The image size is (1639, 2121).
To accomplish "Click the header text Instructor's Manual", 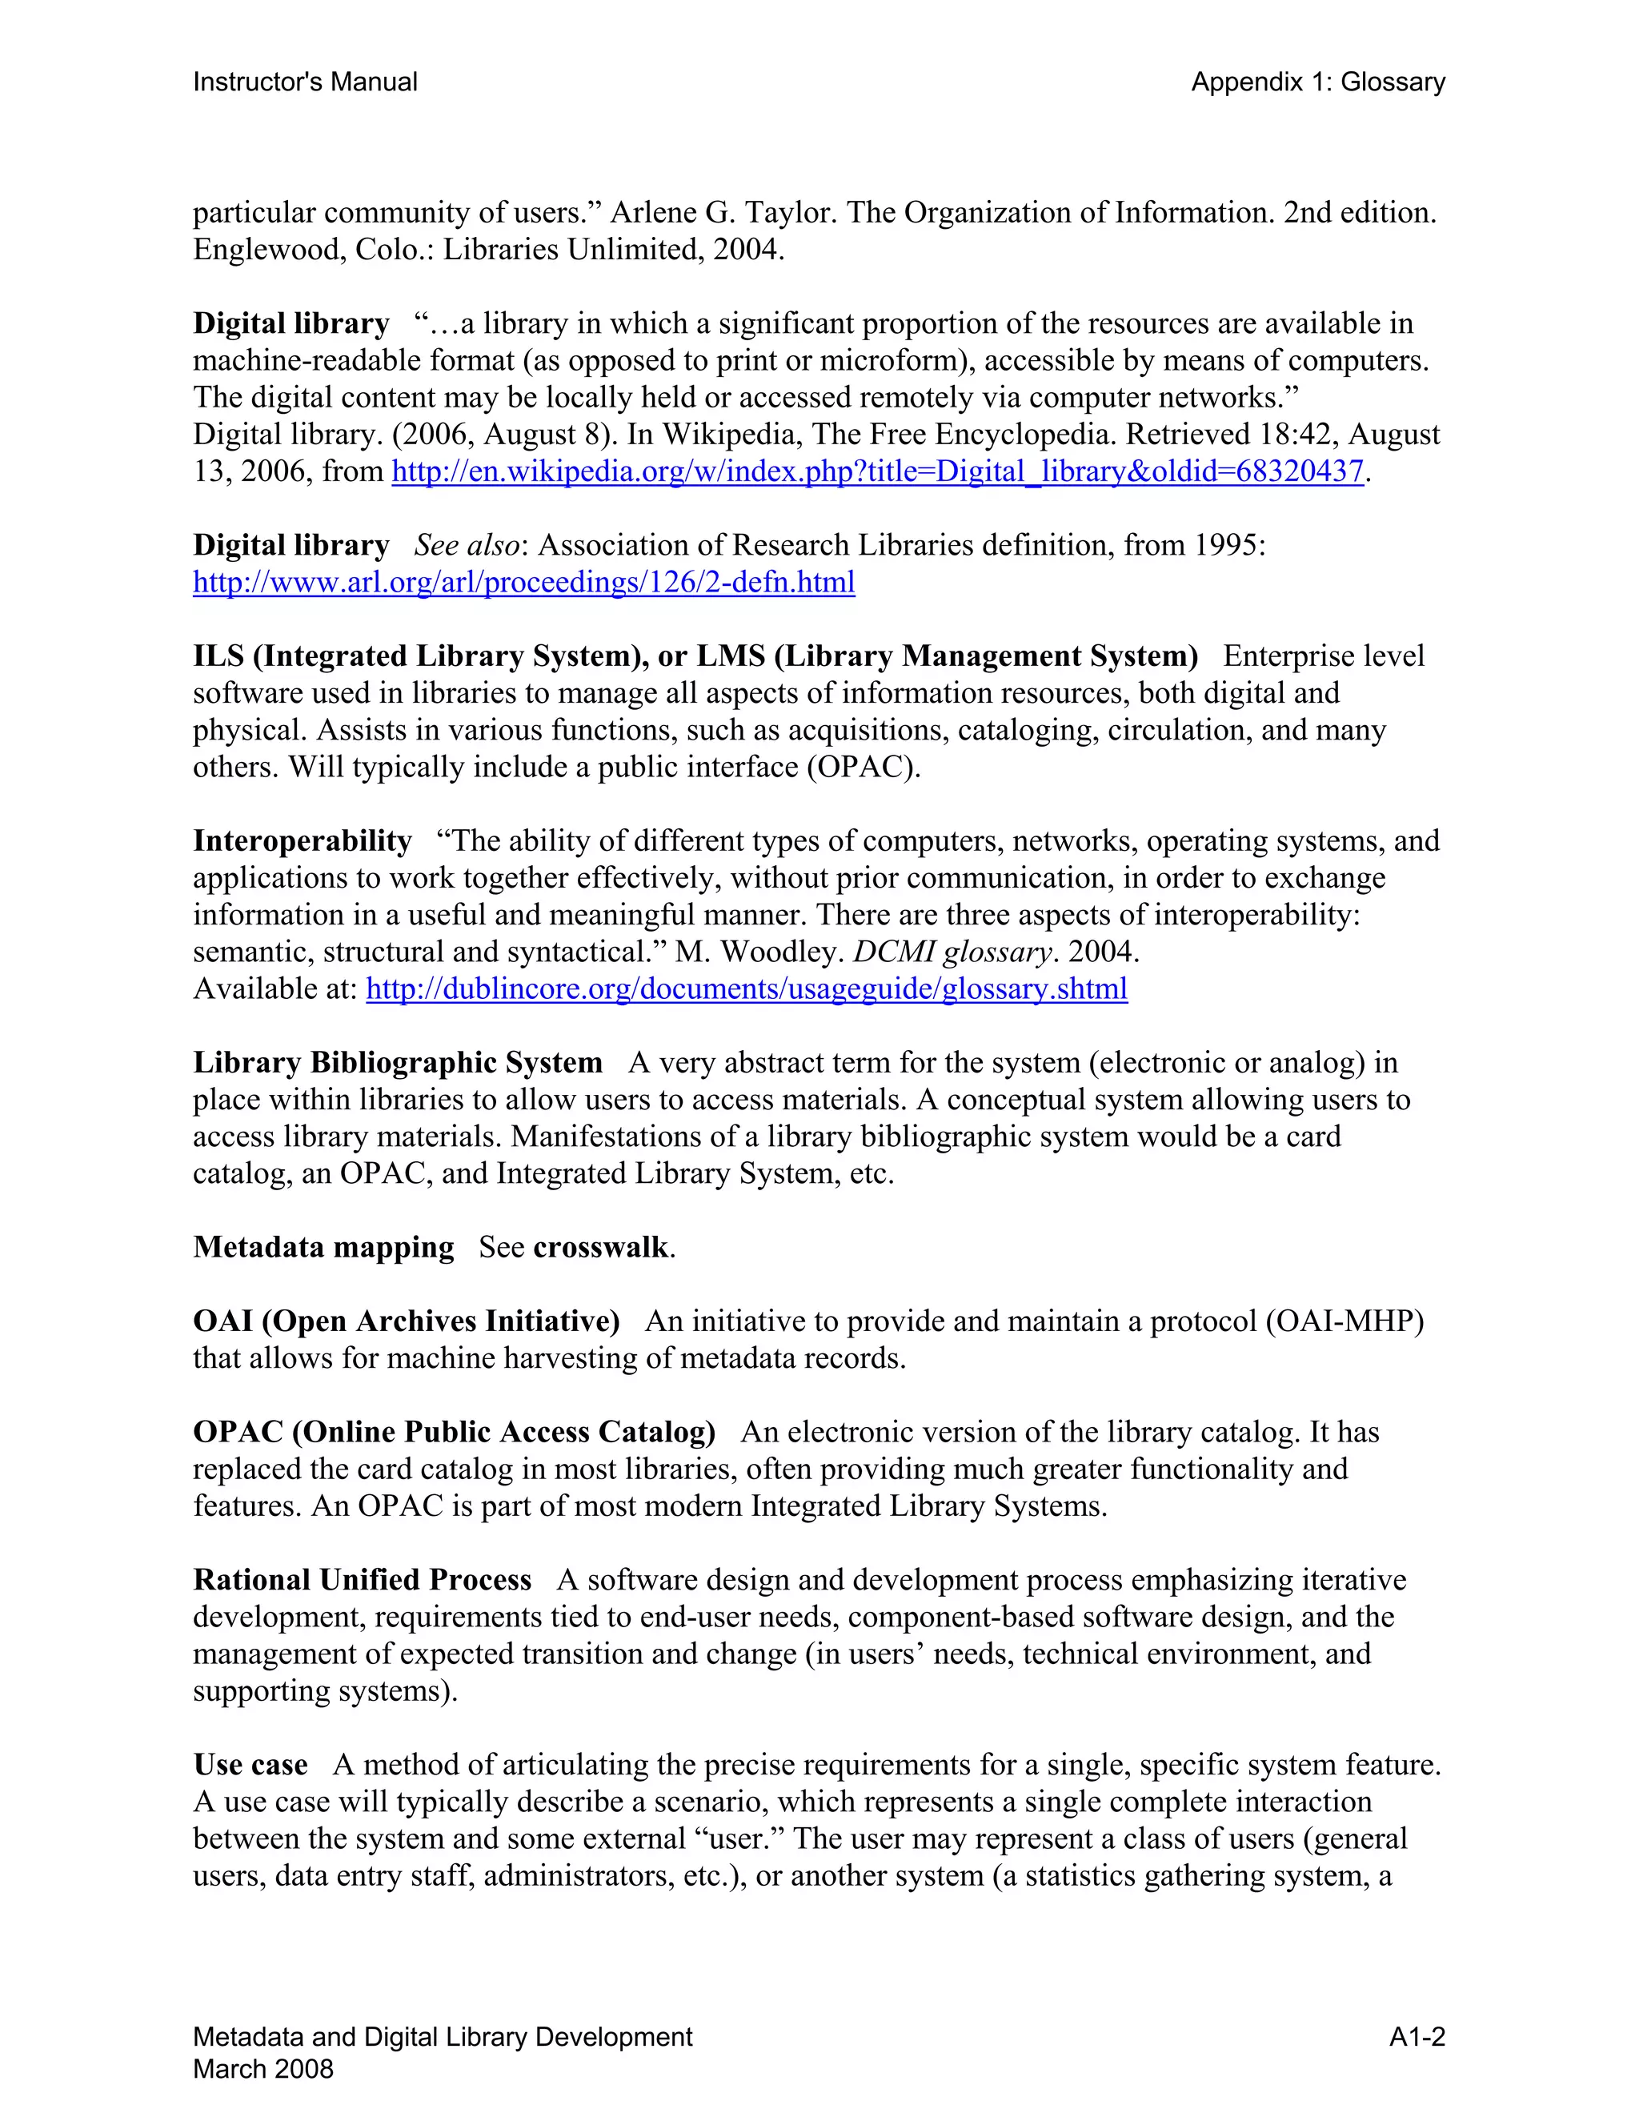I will coord(305,82).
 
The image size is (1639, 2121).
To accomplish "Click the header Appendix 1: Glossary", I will coord(1317,82).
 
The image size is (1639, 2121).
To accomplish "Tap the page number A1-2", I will coord(1417,2036).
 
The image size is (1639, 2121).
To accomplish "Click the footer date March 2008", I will coord(263,2068).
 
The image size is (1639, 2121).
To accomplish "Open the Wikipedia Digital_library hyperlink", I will coord(878,472).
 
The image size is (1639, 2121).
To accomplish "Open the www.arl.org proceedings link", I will coord(523,583).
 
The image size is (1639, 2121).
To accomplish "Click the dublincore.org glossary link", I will coord(746,988).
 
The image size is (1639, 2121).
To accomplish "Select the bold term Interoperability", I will coord(302,841).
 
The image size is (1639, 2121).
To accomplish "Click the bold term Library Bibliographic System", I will coord(397,1062).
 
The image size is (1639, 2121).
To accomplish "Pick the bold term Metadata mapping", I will coord(323,1247).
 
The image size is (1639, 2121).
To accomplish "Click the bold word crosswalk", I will coord(600,1247).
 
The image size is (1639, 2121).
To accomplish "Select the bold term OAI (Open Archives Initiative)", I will coord(406,1321).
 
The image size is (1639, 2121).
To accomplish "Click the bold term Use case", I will coord(250,1765).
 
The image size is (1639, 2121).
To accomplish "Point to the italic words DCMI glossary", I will coord(952,952).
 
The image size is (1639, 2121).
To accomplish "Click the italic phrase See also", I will coord(466,546).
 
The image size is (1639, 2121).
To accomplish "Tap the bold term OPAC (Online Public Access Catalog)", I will coord(454,1433).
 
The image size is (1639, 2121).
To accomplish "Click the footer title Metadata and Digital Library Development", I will coord(443,2036).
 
